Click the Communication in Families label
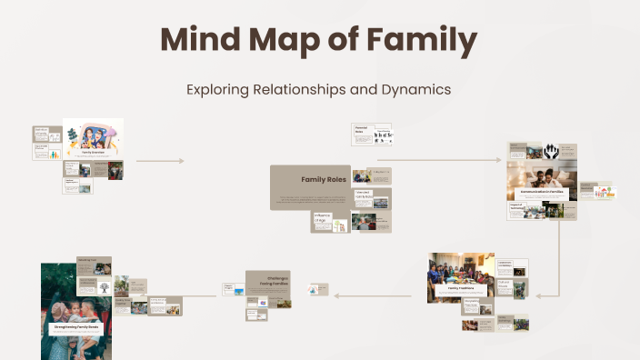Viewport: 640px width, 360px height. (x=542, y=193)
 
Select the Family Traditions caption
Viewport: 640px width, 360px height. (x=461, y=287)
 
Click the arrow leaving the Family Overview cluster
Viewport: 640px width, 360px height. (x=159, y=161)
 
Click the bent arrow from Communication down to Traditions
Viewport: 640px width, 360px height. (x=557, y=264)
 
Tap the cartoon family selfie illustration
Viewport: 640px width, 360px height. (x=93, y=138)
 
